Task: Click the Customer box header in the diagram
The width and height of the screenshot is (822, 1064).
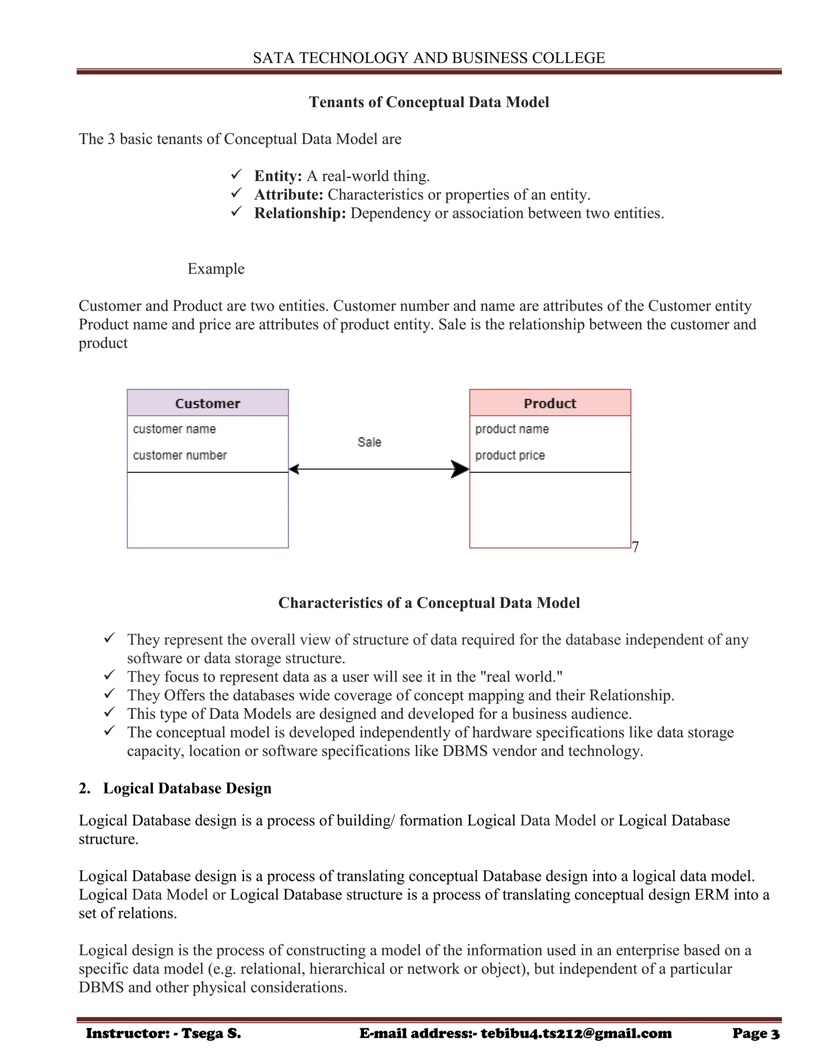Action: point(208,404)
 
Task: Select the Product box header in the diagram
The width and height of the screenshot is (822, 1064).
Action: point(550,404)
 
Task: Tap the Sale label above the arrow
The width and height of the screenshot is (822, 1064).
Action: point(369,442)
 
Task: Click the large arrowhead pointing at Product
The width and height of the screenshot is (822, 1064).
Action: point(459,469)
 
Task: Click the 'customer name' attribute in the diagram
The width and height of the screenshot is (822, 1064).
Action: point(174,429)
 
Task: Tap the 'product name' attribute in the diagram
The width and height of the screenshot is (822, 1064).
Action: point(512,429)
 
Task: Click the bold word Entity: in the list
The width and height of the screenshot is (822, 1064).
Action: point(278,176)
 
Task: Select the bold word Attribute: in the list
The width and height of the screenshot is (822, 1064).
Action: point(288,194)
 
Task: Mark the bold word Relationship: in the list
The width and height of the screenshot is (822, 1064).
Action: point(299,213)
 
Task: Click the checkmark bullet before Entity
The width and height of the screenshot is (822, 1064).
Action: point(237,174)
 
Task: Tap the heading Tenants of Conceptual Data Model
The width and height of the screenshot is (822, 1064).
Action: point(429,102)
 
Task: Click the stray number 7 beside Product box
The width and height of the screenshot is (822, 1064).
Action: point(635,546)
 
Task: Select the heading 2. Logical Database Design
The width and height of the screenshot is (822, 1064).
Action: point(175,788)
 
